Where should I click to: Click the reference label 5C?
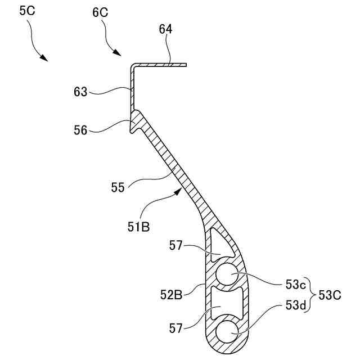27,12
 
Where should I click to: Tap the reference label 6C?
99,12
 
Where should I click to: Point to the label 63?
80,91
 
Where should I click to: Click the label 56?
80,130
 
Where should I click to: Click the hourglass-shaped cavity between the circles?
227,304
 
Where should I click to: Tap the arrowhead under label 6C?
118,53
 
